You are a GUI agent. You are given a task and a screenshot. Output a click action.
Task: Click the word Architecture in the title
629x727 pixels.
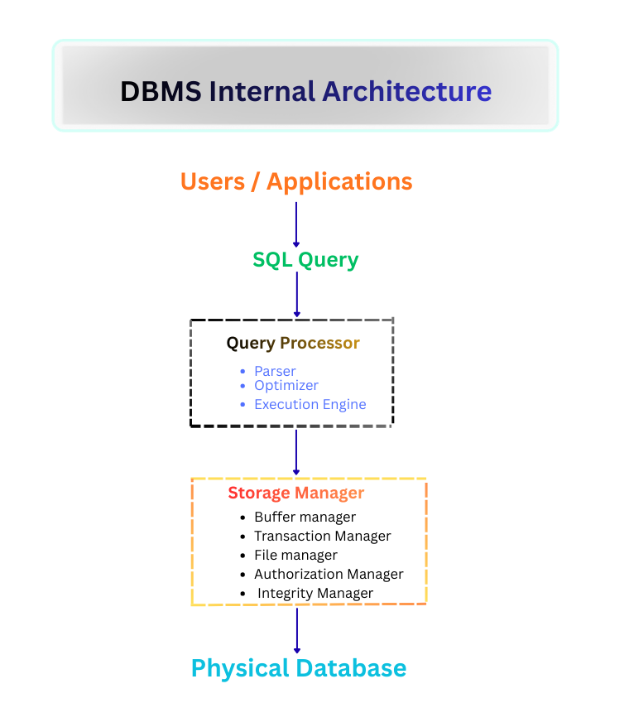point(407,91)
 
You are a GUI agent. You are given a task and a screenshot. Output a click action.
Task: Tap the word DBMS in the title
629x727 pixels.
point(161,91)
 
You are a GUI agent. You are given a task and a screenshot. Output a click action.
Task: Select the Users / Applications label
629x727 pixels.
point(296,181)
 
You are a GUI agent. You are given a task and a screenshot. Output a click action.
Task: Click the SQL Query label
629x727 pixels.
point(305,260)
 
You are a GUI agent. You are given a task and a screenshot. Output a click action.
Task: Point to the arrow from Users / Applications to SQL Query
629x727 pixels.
point(296,224)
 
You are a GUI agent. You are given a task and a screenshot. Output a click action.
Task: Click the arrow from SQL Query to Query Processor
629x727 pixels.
point(296,294)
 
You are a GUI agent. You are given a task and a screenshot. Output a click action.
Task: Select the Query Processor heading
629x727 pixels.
point(293,343)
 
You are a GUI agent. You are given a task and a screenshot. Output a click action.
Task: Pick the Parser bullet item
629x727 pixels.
point(275,371)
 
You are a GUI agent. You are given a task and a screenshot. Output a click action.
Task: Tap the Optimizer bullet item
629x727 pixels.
point(286,385)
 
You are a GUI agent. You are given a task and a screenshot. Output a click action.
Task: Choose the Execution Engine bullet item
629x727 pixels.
point(310,404)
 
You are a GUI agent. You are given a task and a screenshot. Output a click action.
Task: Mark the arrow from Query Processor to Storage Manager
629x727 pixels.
point(296,452)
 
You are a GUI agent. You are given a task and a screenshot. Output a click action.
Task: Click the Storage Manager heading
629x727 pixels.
point(295,493)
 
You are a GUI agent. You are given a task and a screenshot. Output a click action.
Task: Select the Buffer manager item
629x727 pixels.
point(305,517)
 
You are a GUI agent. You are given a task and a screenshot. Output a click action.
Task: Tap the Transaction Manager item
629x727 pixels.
point(322,536)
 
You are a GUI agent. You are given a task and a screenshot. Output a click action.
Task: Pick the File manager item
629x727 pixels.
point(295,555)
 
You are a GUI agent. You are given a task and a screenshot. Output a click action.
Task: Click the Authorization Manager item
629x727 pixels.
point(329,574)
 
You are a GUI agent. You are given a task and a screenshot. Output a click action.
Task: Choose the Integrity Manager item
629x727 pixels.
point(314,593)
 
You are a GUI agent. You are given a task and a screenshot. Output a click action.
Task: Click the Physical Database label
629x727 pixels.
point(299,668)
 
